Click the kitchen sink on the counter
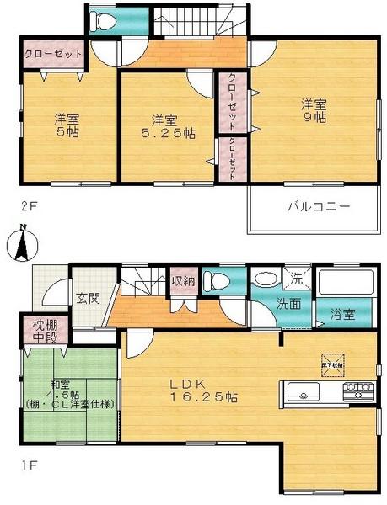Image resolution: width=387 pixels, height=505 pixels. (x=303, y=391)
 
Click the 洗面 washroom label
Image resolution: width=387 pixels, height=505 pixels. (x=288, y=305)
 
